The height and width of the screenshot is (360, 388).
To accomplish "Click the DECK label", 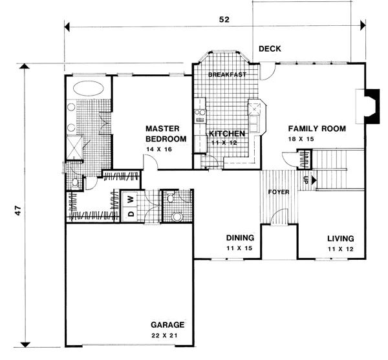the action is click(x=270, y=48).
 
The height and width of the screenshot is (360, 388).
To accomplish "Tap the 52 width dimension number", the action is click(x=224, y=19).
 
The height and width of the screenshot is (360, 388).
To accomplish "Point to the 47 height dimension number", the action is click(x=18, y=210).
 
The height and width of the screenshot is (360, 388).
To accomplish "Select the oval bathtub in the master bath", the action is click(x=89, y=89).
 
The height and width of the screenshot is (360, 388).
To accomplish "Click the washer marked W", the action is click(x=131, y=198).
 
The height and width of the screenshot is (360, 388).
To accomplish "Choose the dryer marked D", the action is click(x=131, y=213).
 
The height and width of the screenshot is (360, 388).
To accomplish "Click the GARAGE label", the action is click(x=167, y=324).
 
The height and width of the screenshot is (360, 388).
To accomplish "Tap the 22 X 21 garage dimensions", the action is click(x=164, y=335).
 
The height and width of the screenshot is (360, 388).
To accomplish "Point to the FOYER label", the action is click(x=279, y=192).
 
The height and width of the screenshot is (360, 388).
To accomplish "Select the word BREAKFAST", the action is click(x=227, y=74).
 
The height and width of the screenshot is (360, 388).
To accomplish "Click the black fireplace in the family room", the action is click(x=372, y=106).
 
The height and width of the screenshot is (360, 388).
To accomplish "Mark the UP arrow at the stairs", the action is click(x=314, y=180).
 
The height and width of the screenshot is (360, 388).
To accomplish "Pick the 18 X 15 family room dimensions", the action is click(x=301, y=139).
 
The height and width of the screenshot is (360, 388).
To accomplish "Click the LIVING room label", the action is click(x=341, y=238).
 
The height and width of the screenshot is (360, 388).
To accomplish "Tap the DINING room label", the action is click(x=240, y=238).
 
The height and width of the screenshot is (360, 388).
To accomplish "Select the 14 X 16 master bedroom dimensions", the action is click(x=159, y=149).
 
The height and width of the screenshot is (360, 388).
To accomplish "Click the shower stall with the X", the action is click(x=74, y=147).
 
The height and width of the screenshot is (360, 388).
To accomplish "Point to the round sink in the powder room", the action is click(x=177, y=217).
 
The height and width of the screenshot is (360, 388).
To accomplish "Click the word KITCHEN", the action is click(x=227, y=134).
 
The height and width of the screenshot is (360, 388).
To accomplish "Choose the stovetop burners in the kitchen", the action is click(x=200, y=112).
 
